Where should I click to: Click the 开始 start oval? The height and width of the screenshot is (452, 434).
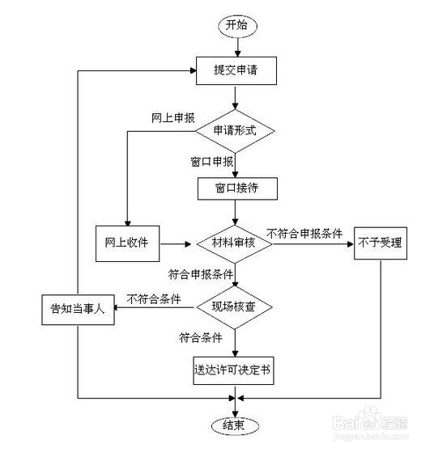tap(236, 26)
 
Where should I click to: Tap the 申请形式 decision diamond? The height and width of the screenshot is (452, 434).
tap(236, 130)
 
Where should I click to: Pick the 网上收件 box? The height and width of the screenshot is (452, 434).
tap(126, 242)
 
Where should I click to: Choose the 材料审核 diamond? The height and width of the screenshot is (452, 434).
tap(236, 243)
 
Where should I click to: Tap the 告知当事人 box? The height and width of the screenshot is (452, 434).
tap(78, 310)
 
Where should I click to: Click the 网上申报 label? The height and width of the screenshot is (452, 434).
tap(173, 117)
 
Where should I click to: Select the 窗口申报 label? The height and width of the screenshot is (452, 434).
tap(206, 162)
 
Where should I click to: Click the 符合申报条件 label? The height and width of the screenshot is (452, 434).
tap(202, 274)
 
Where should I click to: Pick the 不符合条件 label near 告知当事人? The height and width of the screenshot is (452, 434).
tap(153, 298)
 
